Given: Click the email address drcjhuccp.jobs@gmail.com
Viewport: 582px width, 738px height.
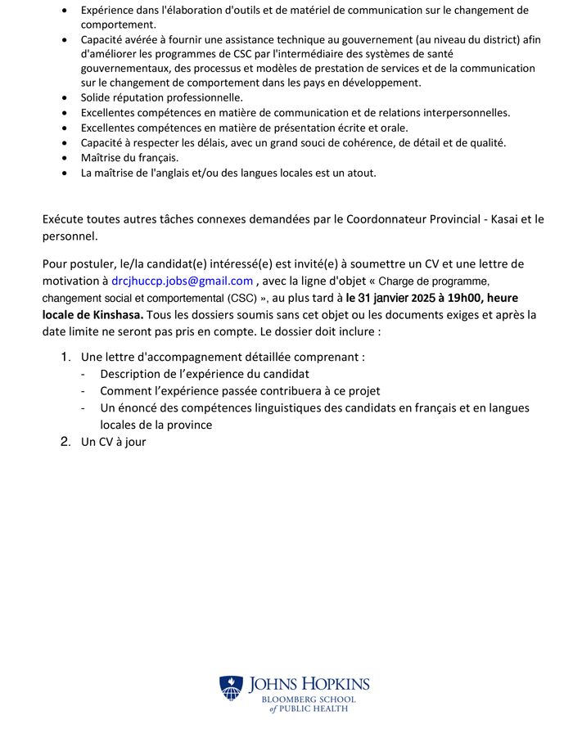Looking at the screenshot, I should point(182,281).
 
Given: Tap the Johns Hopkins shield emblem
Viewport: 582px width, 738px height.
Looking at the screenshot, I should point(231,687).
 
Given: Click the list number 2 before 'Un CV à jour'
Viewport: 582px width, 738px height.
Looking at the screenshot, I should point(65,442).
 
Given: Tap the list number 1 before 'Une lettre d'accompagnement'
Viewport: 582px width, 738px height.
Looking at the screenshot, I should point(65,357).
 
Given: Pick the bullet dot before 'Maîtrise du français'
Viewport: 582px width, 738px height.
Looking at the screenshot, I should point(66,158).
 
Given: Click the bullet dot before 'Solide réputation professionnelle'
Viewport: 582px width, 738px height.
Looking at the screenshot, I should point(66,98).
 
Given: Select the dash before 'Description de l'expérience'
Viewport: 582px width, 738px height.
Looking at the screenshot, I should point(83,374).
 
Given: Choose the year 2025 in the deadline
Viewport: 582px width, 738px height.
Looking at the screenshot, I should point(413,298).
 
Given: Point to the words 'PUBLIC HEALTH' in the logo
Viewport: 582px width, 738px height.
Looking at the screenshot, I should point(314,709).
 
